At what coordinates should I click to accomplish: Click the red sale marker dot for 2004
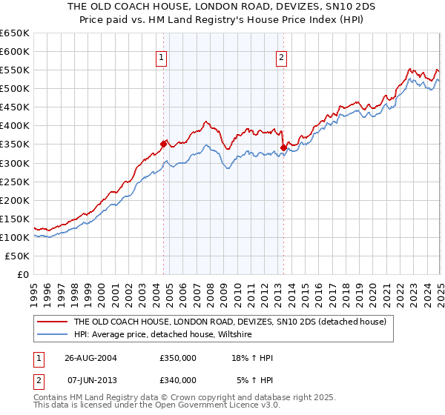coord(164,144)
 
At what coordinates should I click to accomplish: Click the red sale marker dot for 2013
coord(283,147)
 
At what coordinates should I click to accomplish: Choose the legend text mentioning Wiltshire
coord(162,335)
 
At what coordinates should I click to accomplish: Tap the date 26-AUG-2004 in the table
coord(92,358)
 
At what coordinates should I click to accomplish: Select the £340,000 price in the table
coord(178,380)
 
